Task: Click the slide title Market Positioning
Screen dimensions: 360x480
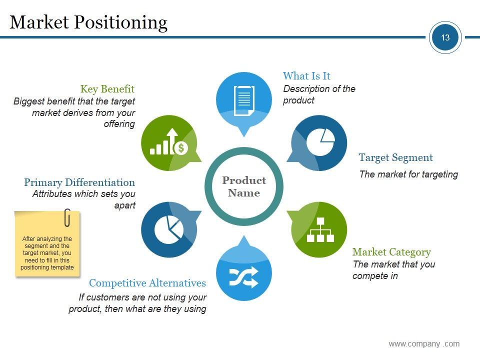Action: point(88,22)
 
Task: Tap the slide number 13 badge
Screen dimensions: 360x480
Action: point(445,37)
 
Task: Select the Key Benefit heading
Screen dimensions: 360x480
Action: point(107,89)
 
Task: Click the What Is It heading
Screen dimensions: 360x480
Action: point(306,76)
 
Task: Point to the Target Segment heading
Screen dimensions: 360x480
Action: point(395,158)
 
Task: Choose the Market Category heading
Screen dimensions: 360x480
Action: point(391,252)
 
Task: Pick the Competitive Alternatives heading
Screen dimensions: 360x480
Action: point(147,283)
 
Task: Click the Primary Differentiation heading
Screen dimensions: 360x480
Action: point(79,182)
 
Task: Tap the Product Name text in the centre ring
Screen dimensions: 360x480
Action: point(244,186)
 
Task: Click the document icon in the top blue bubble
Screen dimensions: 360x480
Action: point(244,99)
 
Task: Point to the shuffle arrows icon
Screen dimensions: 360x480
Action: point(243,277)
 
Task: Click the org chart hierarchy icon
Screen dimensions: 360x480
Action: point(320,229)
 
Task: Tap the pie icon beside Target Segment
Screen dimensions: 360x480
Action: point(320,142)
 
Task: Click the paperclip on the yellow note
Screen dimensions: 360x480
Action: point(67,217)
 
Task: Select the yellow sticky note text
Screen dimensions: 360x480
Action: point(47,253)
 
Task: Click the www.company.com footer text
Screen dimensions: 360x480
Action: point(424,343)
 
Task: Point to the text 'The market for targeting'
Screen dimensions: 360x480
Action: point(408,174)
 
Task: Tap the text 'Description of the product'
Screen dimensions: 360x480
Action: point(319,94)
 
